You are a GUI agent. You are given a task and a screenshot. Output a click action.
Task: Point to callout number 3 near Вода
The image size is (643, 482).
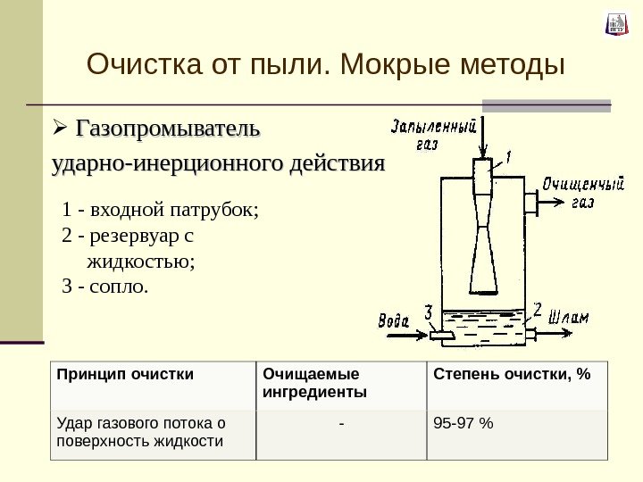tap(429, 314)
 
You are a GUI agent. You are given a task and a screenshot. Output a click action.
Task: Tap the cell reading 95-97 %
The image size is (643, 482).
tap(463, 422)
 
